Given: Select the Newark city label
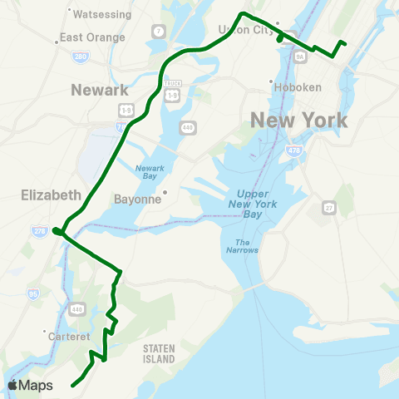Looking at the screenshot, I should click(100, 90).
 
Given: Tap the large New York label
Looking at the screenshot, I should click(299, 121).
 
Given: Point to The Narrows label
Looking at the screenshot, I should click(242, 245).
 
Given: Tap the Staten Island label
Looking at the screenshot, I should click(159, 353).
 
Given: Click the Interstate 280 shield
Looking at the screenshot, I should click(80, 57).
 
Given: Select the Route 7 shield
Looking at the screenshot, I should click(158, 32).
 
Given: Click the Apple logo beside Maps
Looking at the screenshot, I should click(14, 385).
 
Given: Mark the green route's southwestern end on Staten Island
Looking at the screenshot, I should click(73, 385).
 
